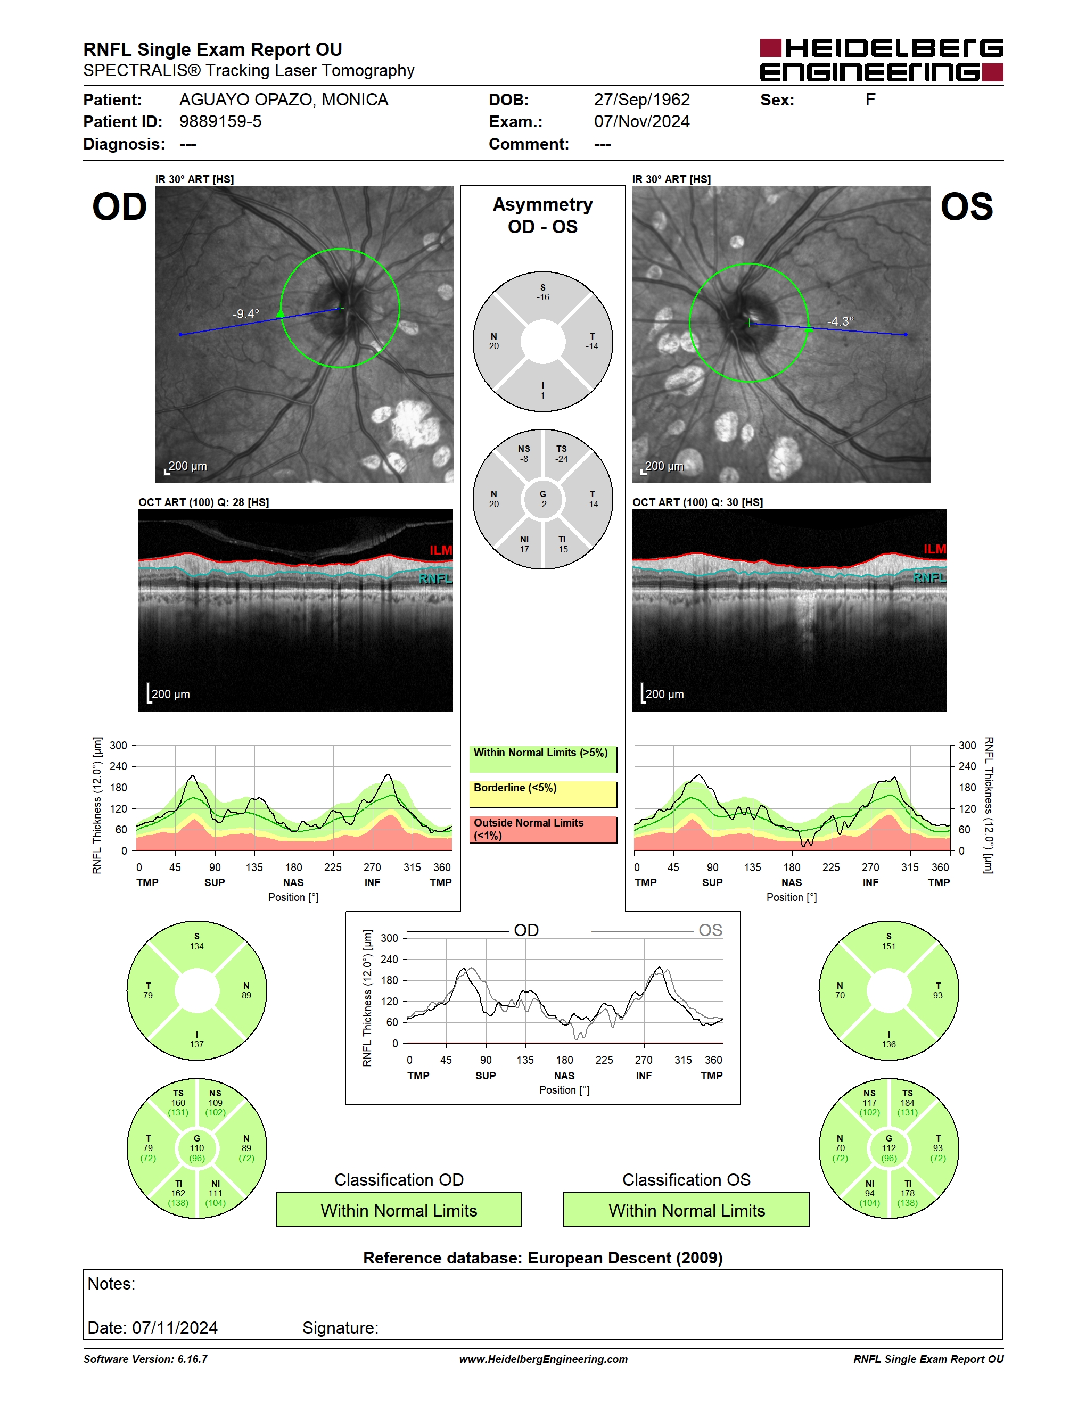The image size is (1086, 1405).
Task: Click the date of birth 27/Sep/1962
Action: (x=641, y=100)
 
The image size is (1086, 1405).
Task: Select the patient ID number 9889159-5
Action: (x=220, y=121)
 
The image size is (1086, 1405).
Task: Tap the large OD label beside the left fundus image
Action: (x=120, y=207)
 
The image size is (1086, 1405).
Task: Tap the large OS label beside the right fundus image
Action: (x=966, y=207)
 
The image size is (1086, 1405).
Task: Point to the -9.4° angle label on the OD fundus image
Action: (x=246, y=314)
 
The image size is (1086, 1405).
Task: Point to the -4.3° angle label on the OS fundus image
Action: (x=840, y=321)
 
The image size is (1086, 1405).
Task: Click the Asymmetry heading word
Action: (x=542, y=204)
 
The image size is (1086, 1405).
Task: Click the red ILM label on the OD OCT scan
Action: (x=441, y=550)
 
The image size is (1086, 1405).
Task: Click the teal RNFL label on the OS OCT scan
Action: (x=929, y=577)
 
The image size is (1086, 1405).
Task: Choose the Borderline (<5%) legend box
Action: (x=543, y=795)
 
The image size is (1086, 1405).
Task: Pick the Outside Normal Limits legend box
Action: (x=543, y=829)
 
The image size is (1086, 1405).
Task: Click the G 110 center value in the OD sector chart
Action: (x=197, y=1148)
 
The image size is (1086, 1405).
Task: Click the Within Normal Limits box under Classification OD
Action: (x=399, y=1210)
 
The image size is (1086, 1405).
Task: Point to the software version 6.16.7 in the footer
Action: (x=145, y=1359)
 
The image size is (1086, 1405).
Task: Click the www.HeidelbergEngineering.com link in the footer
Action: (x=543, y=1359)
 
